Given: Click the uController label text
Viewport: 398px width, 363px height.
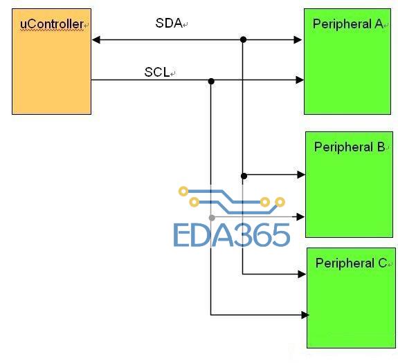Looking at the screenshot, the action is point(51,24).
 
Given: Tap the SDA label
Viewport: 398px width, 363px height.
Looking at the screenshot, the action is point(169,23).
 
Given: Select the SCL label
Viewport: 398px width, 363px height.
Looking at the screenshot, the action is point(157,72).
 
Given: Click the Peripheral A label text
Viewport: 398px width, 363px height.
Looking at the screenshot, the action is point(347,24).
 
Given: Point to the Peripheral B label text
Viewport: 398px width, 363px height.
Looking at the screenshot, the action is point(350,147).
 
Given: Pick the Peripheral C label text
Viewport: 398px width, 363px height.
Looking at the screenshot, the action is point(351,263).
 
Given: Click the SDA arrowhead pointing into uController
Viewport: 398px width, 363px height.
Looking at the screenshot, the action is point(96,40).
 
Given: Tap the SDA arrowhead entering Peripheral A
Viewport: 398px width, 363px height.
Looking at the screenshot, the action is point(298,40).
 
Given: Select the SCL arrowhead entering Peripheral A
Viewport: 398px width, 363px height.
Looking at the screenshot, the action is point(300,80).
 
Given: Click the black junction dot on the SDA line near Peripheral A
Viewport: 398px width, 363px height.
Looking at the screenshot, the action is point(243,39).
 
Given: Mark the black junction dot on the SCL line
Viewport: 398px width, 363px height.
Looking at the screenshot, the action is point(211,82).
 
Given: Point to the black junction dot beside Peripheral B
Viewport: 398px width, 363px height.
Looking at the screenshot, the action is point(244,176).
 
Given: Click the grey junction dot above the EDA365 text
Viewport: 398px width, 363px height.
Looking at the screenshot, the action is point(212,218).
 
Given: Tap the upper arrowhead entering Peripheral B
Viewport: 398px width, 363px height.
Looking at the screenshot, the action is point(301,174).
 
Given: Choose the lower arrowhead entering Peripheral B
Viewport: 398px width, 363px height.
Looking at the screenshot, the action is point(300,216).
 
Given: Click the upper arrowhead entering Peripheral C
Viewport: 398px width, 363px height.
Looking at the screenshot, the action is point(302,274).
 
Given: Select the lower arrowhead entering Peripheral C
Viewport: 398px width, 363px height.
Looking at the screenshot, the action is point(305,315).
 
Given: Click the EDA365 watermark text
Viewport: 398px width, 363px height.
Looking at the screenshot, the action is point(231,235).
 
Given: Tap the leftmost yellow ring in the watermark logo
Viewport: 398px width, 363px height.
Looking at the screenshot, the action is point(183,191).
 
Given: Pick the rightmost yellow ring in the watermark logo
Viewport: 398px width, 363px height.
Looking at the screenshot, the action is point(280,202).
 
